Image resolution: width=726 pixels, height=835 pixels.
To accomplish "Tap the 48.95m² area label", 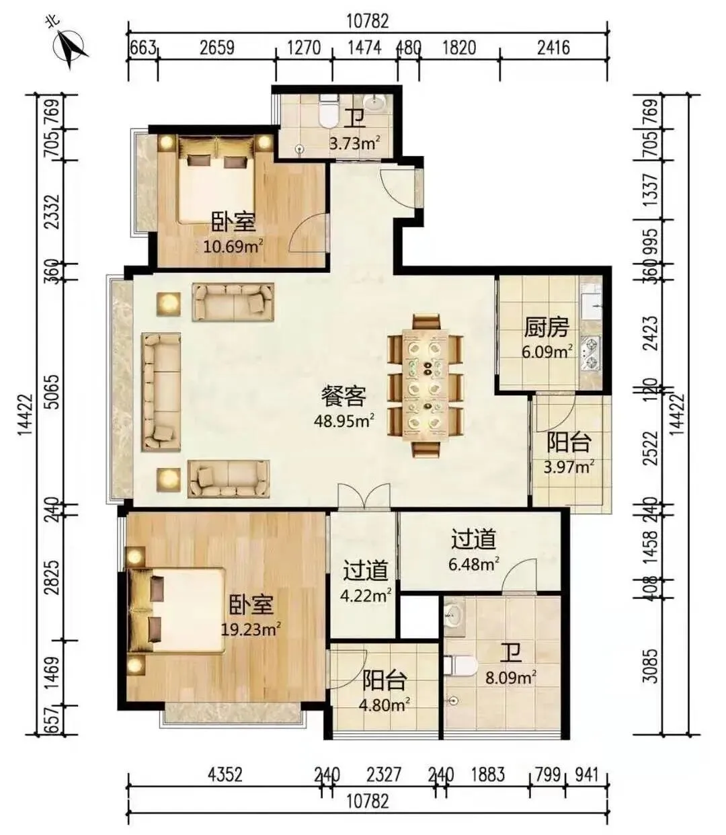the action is (x=344, y=420).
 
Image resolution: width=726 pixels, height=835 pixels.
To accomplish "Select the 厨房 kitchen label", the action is (x=547, y=327).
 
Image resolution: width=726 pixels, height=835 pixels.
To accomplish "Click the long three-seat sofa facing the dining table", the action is (x=161, y=392).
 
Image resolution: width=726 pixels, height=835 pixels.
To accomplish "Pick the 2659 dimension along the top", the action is (x=217, y=48).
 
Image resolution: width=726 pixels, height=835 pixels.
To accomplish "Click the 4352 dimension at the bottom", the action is (x=225, y=763).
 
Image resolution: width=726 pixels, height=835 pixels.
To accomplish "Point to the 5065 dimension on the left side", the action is (x=54, y=392).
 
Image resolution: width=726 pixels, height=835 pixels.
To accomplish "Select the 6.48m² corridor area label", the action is (x=474, y=565).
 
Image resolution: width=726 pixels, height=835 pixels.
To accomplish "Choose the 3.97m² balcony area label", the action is (x=569, y=466).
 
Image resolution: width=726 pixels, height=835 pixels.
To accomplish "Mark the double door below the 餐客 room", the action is (x=364, y=496).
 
